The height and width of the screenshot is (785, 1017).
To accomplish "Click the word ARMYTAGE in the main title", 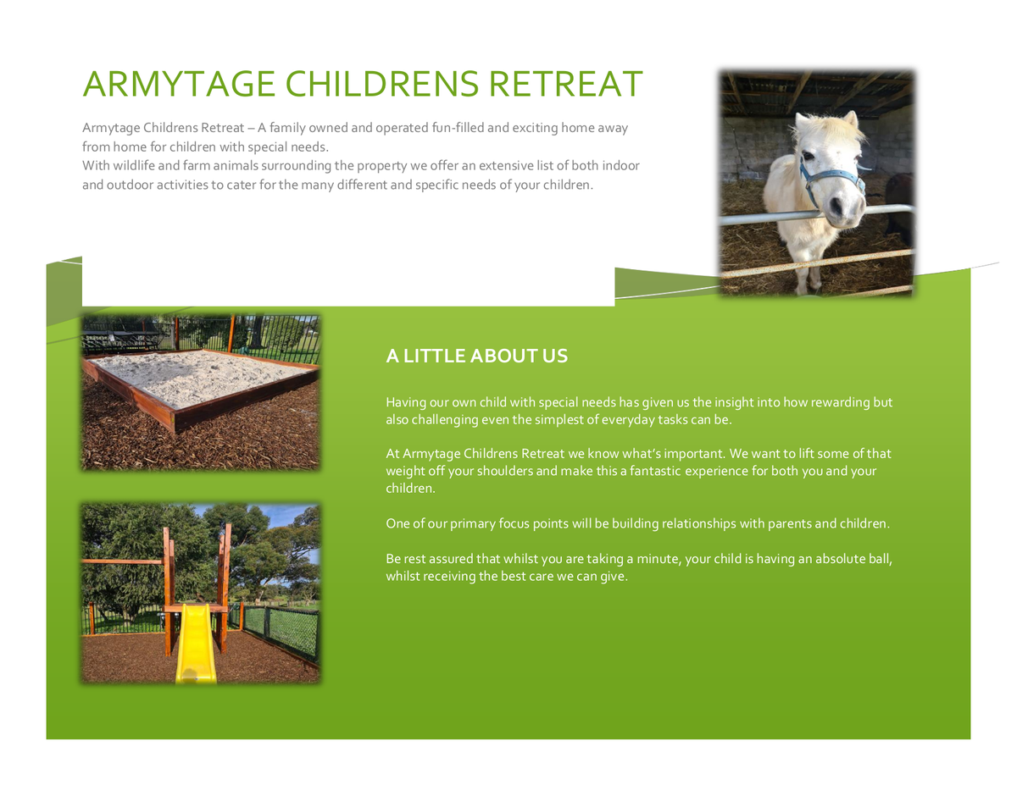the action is pyautogui.click(x=179, y=84).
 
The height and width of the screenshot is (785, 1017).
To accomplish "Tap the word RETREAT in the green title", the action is pyautogui.click(x=566, y=84).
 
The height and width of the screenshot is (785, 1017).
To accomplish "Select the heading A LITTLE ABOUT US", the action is pyautogui.click(x=476, y=356).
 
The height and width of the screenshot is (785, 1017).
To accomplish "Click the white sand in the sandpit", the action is pyautogui.click(x=197, y=377).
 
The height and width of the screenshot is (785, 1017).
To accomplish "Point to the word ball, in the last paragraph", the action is pyautogui.click(x=881, y=559).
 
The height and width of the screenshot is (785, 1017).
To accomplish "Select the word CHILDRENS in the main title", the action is pyautogui.click(x=382, y=84).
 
